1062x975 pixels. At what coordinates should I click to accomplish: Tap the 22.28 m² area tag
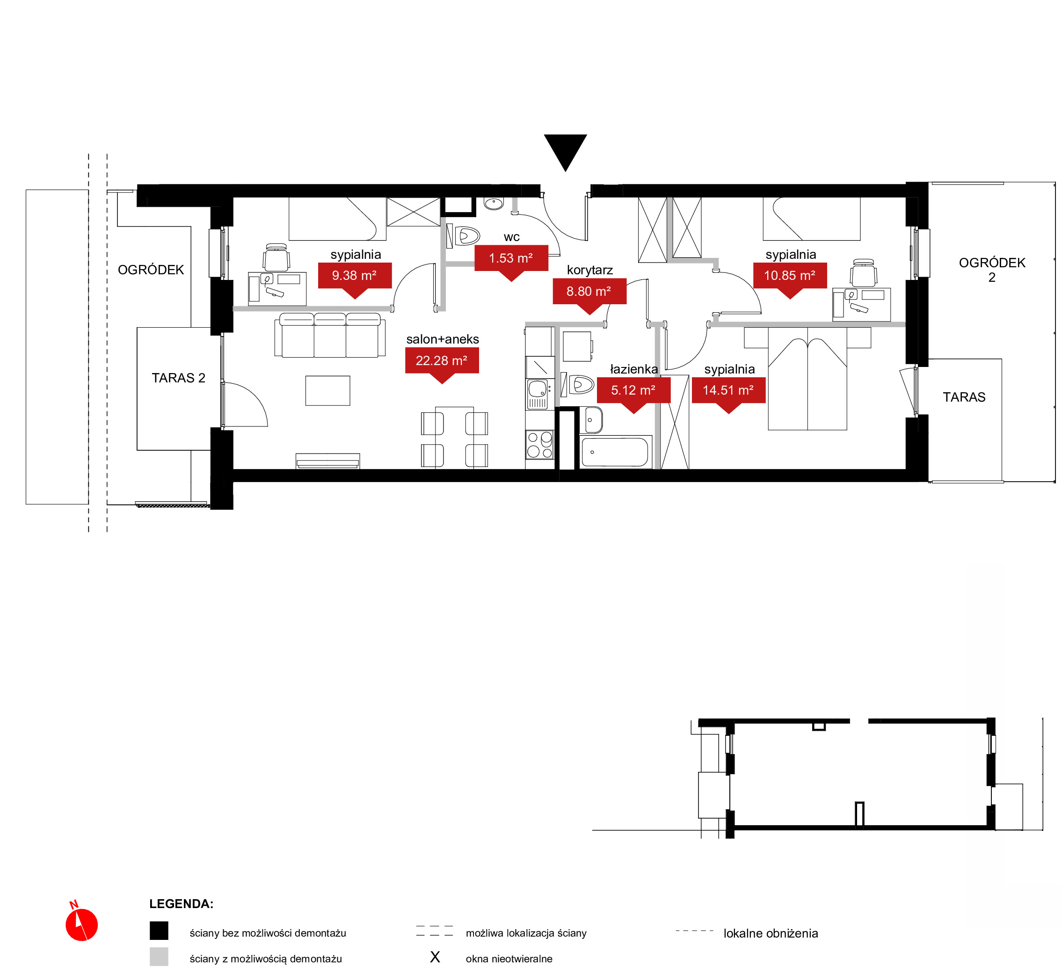coord(442,362)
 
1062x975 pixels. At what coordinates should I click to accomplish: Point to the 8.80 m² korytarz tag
coord(589,293)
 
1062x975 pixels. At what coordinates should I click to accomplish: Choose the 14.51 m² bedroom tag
coord(728,391)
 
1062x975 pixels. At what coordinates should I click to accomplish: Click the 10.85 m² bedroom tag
coord(790,277)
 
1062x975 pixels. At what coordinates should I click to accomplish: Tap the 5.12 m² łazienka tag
coord(633,391)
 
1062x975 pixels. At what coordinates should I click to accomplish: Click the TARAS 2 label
coord(178,378)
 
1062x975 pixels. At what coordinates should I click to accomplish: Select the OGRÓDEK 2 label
coord(992,270)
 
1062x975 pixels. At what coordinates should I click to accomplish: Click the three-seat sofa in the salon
coord(329,335)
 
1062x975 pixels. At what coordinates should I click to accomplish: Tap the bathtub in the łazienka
coord(615,451)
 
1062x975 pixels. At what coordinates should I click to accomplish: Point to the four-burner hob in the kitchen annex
coord(539,444)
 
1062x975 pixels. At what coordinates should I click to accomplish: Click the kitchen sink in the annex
coord(538,394)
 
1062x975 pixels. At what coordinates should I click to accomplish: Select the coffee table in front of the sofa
coord(327,390)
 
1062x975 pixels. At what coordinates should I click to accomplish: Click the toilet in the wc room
coord(464,236)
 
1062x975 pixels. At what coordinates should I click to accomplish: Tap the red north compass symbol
coord(81,924)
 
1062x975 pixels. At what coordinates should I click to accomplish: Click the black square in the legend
coord(159,931)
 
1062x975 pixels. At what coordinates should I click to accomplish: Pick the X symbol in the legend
coord(435,957)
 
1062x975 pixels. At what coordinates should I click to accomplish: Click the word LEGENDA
coord(181,904)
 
